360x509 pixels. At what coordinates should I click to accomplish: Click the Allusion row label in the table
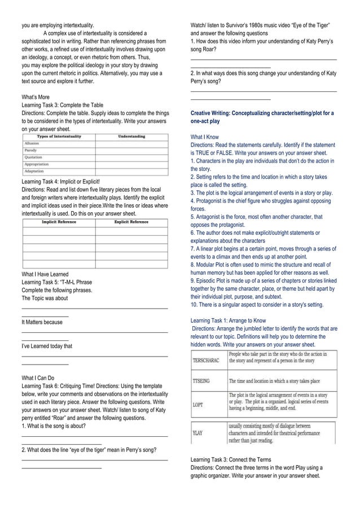tap(31, 144)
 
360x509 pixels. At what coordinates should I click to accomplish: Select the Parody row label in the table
tap(30, 151)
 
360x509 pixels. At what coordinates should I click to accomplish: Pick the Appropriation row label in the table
tap(37, 164)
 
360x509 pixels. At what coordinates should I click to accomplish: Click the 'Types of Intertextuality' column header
tap(59, 137)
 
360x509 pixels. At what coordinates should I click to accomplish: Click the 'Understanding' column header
tap(131, 137)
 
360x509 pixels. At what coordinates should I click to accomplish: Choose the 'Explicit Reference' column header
tap(131, 222)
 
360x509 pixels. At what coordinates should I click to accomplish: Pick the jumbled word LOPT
tap(198, 405)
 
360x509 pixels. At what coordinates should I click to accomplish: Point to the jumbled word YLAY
tap(198, 433)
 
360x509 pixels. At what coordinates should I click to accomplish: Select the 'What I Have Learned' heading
tap(45, 274)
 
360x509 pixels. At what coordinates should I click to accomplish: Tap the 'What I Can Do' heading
tap(38, 378)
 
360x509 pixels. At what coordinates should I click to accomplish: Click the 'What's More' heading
tap(35, 97)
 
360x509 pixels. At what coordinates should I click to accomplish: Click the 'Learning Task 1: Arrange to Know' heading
tap(229, 321)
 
